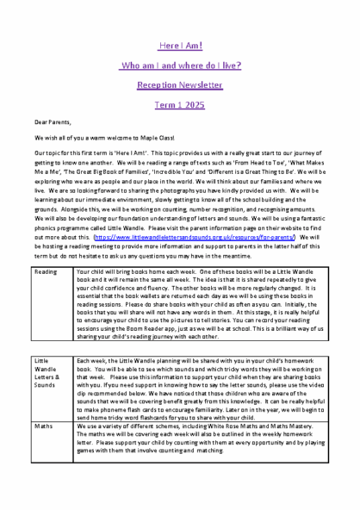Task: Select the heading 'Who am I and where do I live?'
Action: point(179,65)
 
